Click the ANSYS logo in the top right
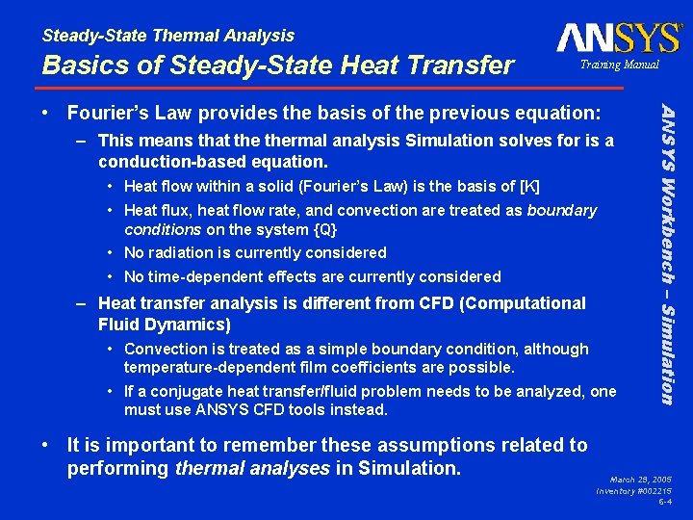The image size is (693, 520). click(x=618, y=39)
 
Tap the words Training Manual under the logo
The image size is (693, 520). click(x=619, y=65)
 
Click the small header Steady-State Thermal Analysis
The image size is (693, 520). click(x=168, y=36)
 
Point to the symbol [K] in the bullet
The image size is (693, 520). click(x=528, y=186)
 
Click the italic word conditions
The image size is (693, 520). click(x=163, y=229)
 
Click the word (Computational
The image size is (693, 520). click(x=521, y=303)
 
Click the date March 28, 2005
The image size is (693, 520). click(x=641, y=479)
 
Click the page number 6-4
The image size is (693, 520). click(x=665, y=502)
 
